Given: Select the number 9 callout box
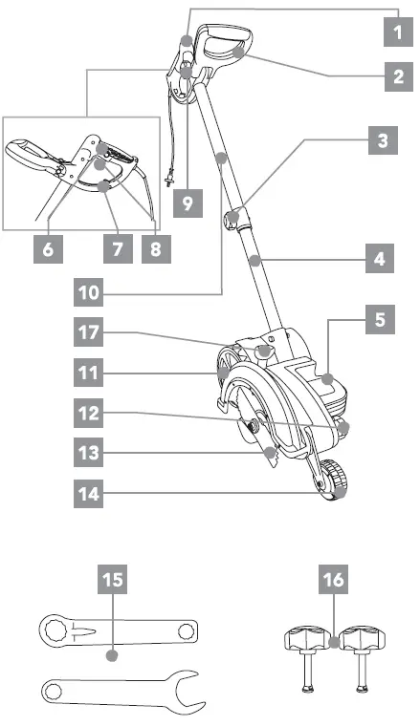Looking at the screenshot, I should [x=188, y=203].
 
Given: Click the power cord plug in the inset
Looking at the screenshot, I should [x=168, y=179].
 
